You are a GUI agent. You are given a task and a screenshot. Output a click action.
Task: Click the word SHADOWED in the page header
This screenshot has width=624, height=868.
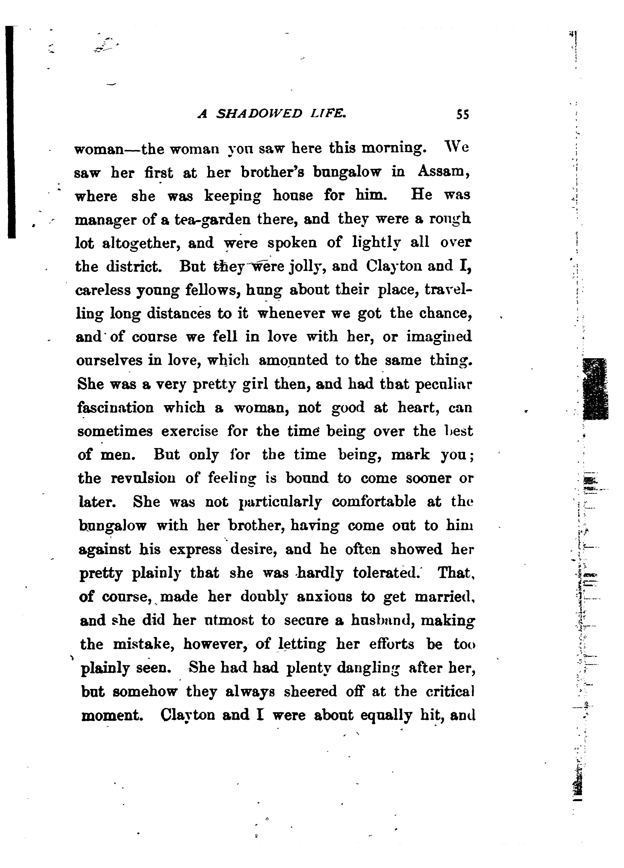[259, 114]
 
